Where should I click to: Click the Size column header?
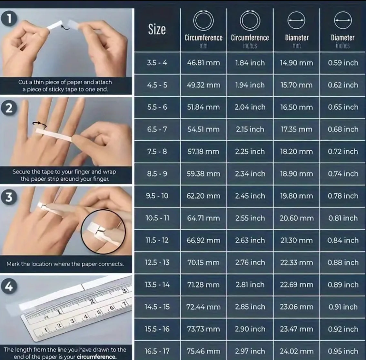157,29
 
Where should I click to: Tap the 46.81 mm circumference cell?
203,63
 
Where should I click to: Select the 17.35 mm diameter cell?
296,129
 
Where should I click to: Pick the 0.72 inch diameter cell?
343,152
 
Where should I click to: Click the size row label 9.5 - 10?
157,196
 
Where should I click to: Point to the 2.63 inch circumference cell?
250,240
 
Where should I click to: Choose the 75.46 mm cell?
203,351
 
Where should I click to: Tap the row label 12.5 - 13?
157,262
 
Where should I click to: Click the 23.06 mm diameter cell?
296,307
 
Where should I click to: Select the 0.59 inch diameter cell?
343,63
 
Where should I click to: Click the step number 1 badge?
9,19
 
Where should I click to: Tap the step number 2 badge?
9,108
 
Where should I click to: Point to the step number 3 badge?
9,197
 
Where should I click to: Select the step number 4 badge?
9,286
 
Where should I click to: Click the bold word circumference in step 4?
97,357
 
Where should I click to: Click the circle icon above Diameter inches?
343,20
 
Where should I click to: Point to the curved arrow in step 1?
65,27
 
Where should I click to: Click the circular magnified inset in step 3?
103,232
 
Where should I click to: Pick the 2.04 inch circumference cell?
250,107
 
